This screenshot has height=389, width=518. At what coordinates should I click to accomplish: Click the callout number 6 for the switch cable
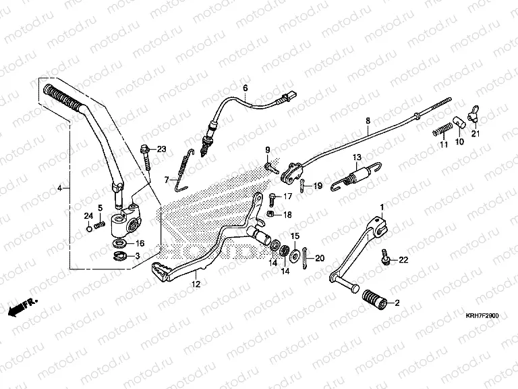[245, 88]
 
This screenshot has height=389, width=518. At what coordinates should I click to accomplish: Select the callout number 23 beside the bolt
[162, 149]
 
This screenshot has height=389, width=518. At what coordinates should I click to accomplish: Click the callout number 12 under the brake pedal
[196, 286]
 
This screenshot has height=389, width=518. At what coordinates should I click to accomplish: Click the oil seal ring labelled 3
[121, 256]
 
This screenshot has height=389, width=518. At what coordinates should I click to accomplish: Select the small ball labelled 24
[90, 226]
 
